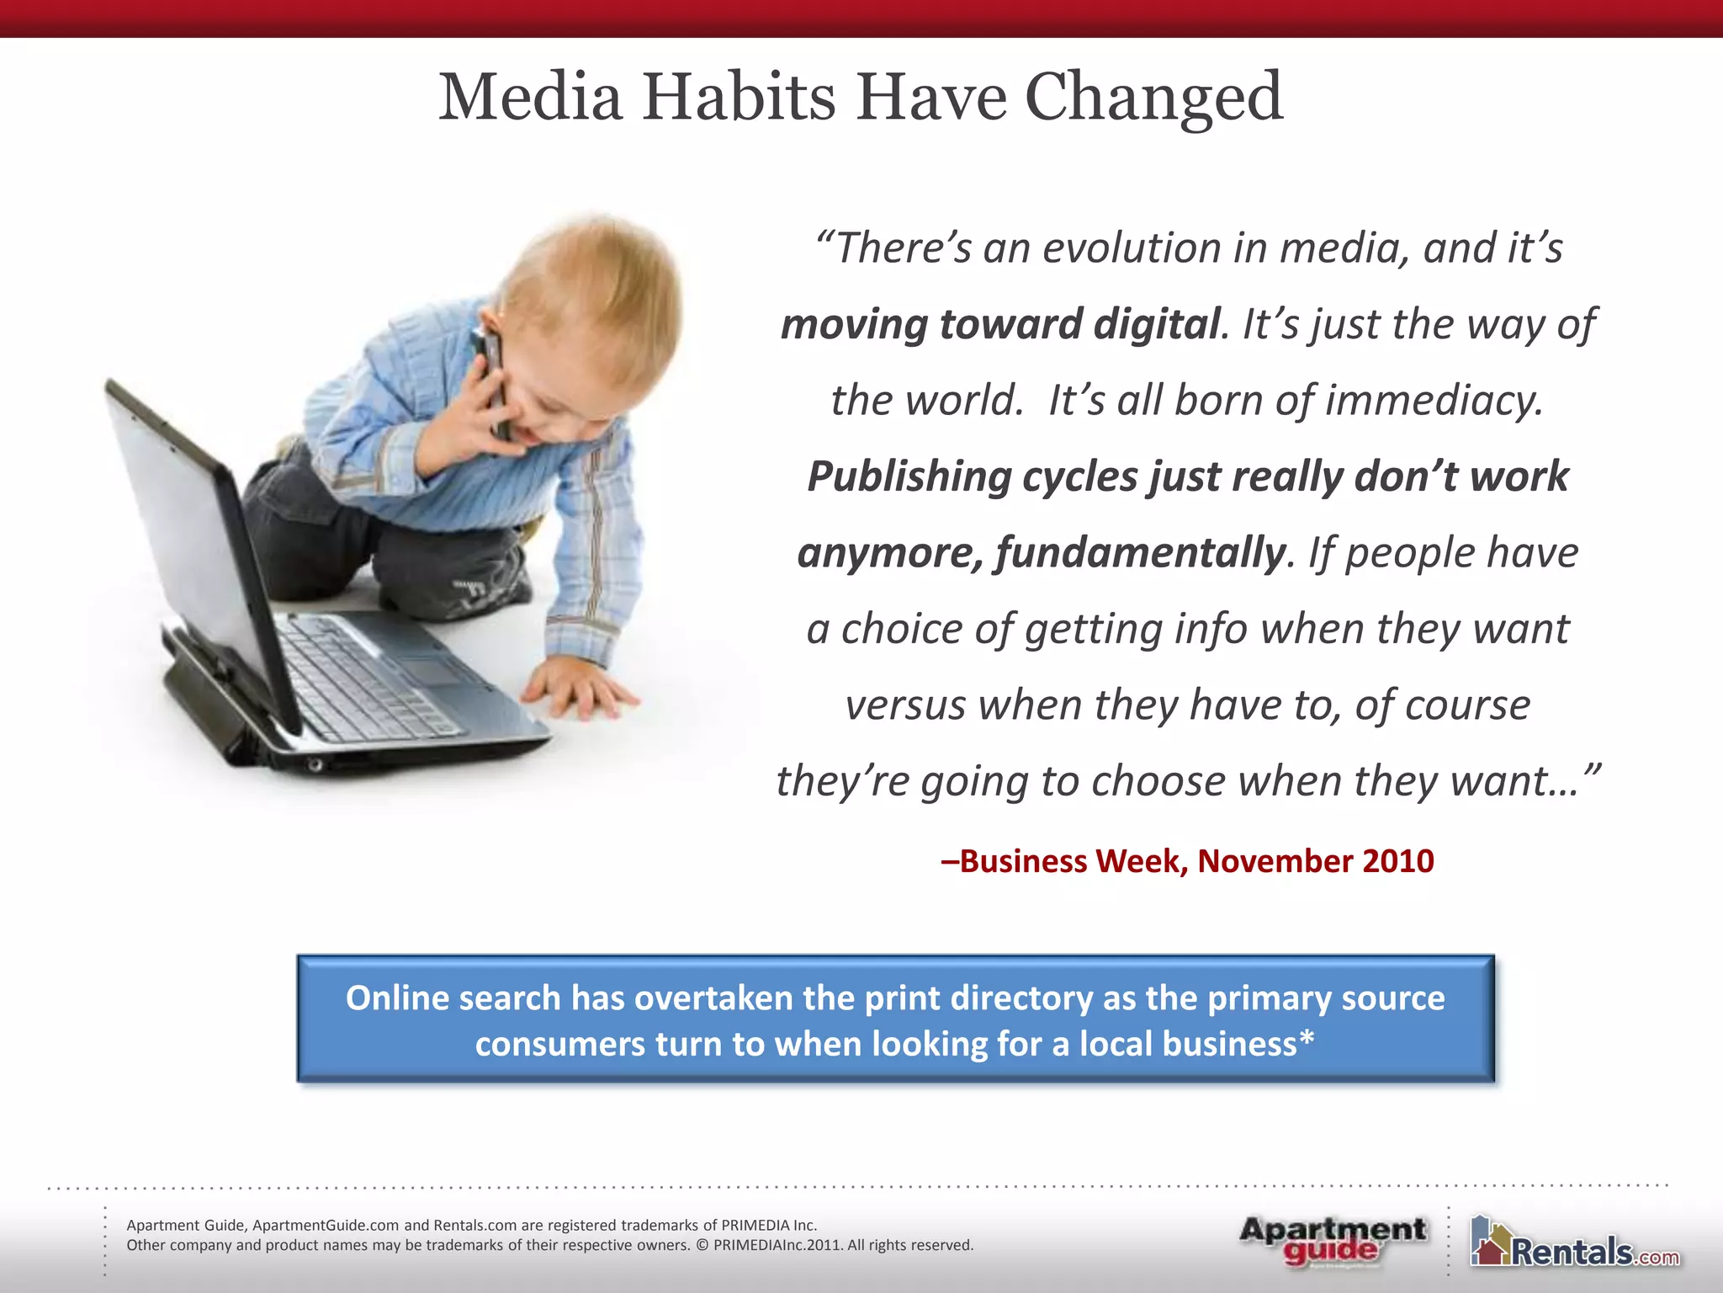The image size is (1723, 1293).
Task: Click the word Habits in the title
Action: [740, 98]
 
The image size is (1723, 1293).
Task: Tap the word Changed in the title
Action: [1153, 98]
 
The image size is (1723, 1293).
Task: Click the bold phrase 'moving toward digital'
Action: [999, 324]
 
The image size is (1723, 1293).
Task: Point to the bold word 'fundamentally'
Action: [1141, 553]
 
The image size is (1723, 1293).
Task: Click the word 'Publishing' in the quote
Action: [909, 476]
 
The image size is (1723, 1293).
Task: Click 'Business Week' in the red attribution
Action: [1074, 861]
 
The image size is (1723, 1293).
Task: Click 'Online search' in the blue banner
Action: [453, 998]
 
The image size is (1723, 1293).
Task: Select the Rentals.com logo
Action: [1575, 1244]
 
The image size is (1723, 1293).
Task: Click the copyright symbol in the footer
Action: [702, 1245]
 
